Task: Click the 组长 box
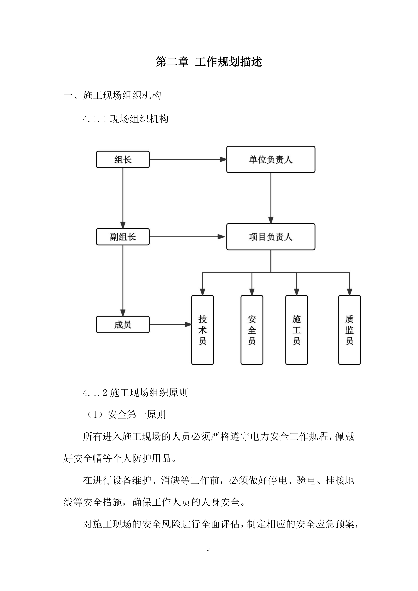click(x=123, y=159)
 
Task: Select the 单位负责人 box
click(x=271, y=159)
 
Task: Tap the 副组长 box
click(x=123, y=237)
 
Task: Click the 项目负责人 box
click(x=271, y=237)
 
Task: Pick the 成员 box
click(x=123, y=324)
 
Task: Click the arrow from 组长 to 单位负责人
click(x=188, y=159)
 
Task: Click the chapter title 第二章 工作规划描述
click(x=209, y=62)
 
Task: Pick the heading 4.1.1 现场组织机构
click(x=126, y=119)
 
